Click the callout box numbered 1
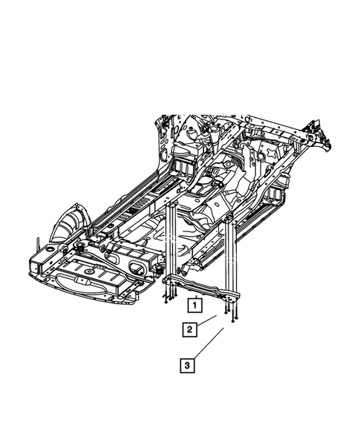[x=193, y=304]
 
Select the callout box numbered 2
[x=191, y=329]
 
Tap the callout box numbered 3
[x=187, y=364]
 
